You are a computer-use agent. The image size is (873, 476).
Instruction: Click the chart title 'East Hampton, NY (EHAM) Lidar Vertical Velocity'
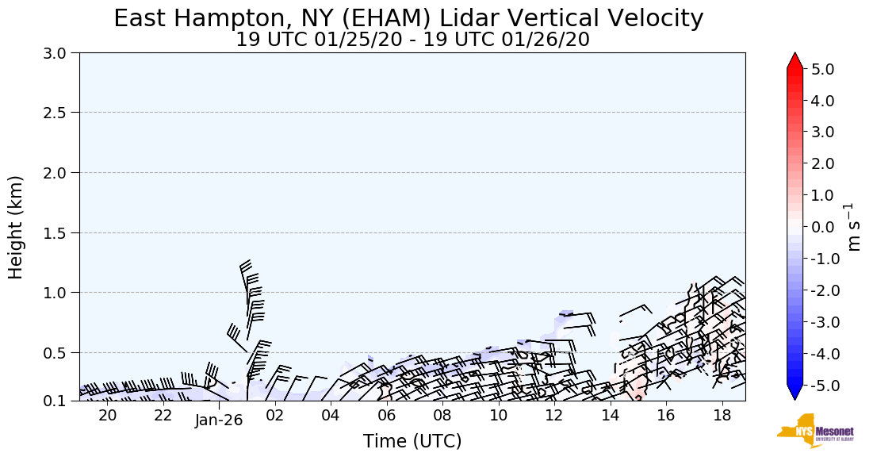point(408,18)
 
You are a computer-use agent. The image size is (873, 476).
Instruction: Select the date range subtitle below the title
point(412,40)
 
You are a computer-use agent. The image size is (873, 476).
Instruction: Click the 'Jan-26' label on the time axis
point(218,420)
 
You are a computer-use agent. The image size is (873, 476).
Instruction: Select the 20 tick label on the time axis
point(107,416)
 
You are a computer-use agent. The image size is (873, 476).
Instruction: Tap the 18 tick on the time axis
point(722,416)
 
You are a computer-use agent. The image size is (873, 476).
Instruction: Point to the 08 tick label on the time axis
point(442,416)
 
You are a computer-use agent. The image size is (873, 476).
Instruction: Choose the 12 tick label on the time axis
point(554,416)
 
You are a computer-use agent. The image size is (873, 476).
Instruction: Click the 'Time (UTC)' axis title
point(412,442)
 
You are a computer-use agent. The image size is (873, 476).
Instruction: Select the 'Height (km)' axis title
point(16,227)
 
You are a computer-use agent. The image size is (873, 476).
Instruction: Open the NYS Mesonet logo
point(815,431)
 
